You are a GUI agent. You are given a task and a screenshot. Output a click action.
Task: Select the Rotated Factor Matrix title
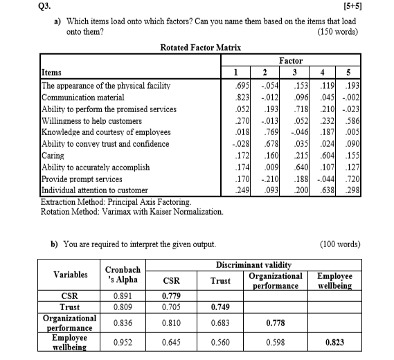[x=196, y=48]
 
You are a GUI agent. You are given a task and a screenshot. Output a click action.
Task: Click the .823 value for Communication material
[x=238, y=97]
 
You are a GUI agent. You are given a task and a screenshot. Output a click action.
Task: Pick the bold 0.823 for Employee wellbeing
[x=338, y=341]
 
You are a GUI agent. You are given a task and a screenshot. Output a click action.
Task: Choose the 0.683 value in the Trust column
[x=220, y=322]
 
